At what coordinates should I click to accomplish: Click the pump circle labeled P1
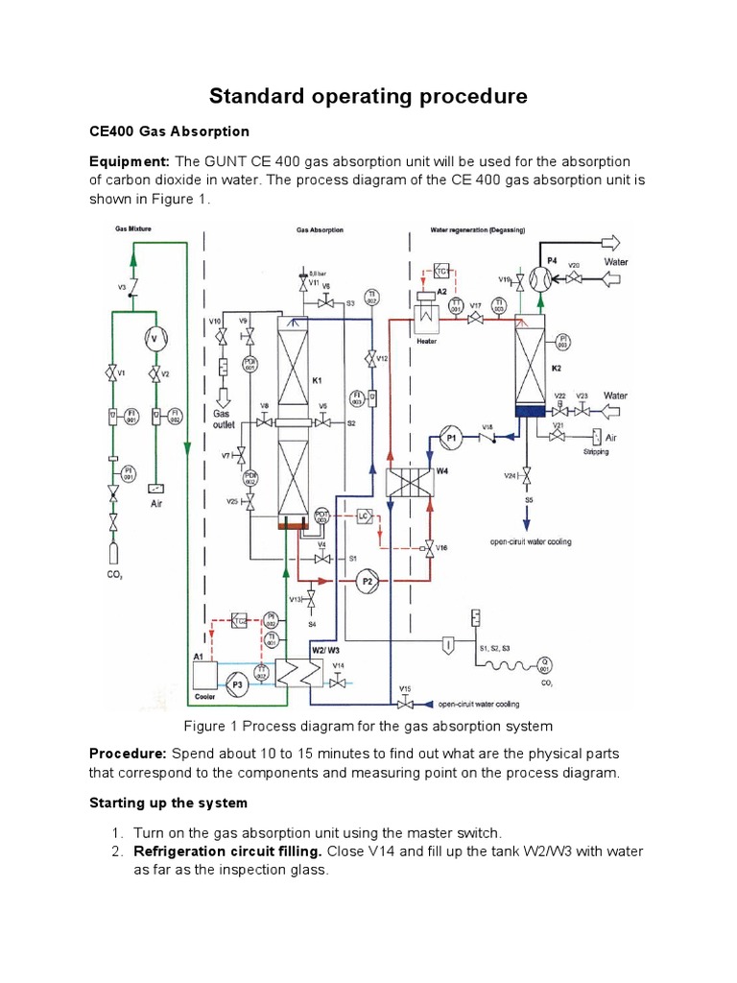(453, 437)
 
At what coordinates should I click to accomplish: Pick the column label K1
(318, 380)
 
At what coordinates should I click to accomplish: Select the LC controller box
(364, 516)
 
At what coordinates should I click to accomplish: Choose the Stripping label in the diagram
(597, 451)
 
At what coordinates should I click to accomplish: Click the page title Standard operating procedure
(368, 96)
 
